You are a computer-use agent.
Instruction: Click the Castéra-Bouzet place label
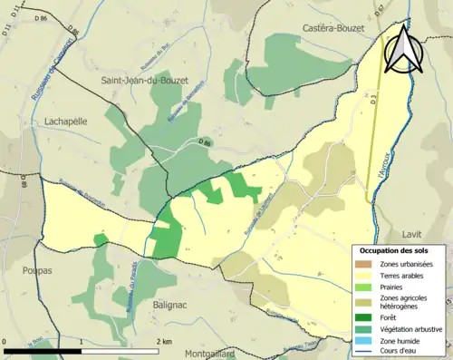click(x=333, y=29)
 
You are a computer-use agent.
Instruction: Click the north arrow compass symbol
click(x=401, y=48)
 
